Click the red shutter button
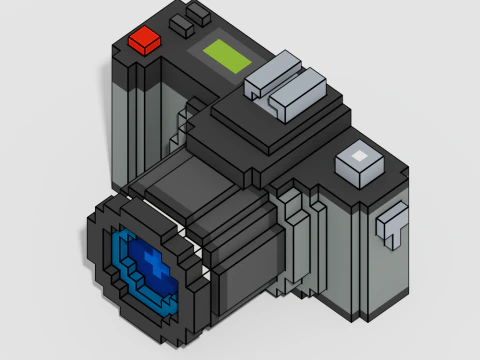coord(146,40)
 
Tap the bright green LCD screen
coord(228,55)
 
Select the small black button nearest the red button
coord(181,22)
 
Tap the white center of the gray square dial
coord(359,157)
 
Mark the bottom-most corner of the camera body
coord(354,322)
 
